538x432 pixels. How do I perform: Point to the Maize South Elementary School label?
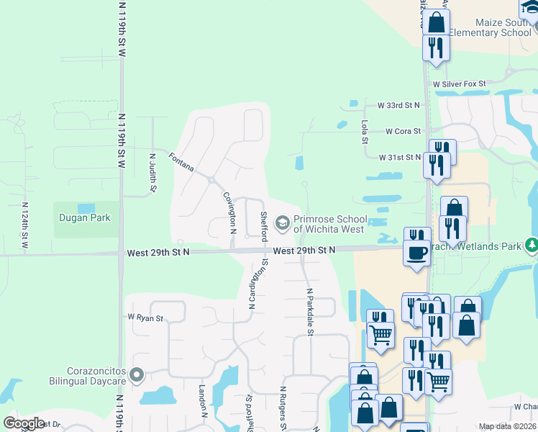(490, 27)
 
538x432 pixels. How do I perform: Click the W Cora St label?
(402, 132)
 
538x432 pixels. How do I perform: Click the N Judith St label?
(152, 172)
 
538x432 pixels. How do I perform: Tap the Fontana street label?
(181, 161)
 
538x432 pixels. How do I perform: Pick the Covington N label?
(229, 212)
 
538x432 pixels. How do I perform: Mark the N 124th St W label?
(24, 228)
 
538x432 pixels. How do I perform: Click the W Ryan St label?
(145, 318)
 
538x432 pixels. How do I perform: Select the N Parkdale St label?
(311, 312)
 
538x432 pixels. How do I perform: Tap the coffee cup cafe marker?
(416, 253)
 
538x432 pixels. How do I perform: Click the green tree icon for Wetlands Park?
(532, 246)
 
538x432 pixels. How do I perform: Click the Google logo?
(24, 423)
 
